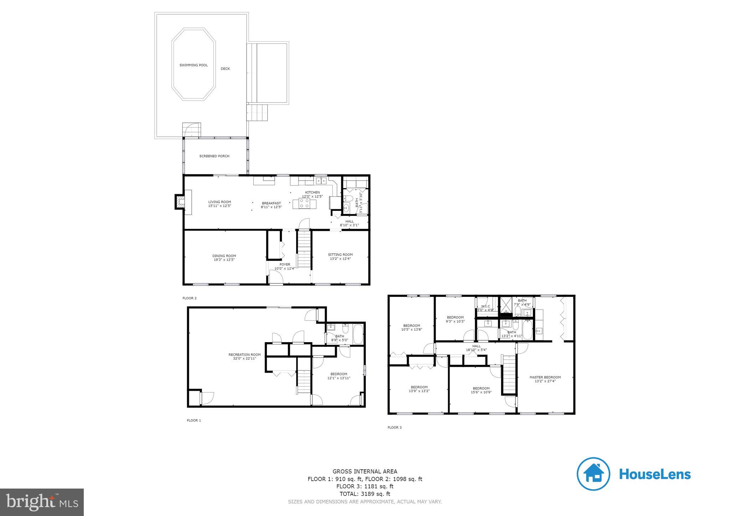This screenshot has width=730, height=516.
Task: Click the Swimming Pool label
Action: point(193,65)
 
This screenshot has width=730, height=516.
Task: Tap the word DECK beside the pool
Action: point(225,69)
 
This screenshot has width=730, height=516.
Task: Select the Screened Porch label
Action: point(214,156)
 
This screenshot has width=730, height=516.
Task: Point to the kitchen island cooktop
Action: point(304,203)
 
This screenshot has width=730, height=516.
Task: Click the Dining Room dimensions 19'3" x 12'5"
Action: point(224,260)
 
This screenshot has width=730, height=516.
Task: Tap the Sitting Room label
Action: point(340,254)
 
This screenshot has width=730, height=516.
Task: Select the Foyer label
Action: point(284,264)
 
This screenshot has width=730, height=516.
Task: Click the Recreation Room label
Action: point(244,355)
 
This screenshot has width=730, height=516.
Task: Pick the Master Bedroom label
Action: point(545,377)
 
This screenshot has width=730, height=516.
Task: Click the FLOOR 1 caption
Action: point(194,420)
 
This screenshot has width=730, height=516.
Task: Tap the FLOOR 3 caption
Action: point(394,427)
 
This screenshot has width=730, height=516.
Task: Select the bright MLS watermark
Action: point(42,502)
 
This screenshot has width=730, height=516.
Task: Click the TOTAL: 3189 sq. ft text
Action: point(365,494)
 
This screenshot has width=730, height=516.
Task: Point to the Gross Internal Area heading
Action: point(365,471)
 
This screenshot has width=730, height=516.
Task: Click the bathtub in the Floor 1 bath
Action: point(358,335)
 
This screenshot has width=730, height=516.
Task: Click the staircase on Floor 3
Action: point(509,374)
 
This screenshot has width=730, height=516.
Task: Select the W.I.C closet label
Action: point(485,306)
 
